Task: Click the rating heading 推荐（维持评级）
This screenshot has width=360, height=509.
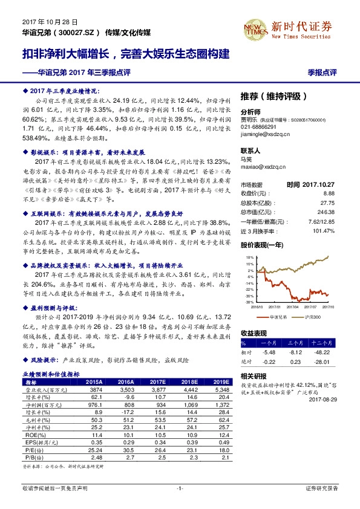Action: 274,96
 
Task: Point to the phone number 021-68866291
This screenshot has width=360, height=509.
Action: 258,128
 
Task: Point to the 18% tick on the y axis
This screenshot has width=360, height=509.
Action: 249,258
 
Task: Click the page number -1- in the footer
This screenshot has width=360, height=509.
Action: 180,488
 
